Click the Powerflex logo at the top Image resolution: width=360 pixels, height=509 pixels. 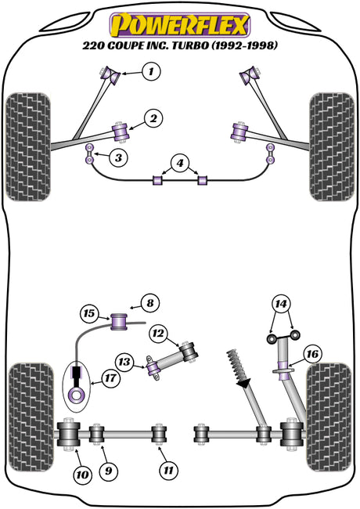(180, 25)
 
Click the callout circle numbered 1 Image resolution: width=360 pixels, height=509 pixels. (151, 71)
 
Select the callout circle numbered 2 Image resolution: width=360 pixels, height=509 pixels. (153, 119)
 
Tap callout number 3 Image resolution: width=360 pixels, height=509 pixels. (118, 157)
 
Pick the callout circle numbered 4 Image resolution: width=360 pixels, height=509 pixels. (180, 164)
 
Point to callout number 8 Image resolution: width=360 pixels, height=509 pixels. (150, 304)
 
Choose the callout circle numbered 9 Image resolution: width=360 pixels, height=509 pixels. (108, 471)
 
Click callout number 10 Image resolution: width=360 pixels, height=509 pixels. (82, 475)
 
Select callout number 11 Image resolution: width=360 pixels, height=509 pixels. (168, 471)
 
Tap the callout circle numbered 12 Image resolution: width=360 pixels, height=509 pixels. (159, 334)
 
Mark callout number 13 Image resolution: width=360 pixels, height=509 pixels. (124, 362)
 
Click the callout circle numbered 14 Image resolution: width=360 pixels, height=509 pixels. (281, 304)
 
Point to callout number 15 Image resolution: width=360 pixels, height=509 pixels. (89, 313)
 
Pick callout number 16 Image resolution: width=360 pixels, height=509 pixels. (312, 354)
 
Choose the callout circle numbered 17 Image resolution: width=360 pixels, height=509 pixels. (110, 378)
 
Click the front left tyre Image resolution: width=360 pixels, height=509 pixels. (28, 147)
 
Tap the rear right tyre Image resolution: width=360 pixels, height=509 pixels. (329, 418)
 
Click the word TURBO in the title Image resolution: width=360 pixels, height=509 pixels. (190, 45)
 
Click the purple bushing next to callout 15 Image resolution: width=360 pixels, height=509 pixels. (119, 321)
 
